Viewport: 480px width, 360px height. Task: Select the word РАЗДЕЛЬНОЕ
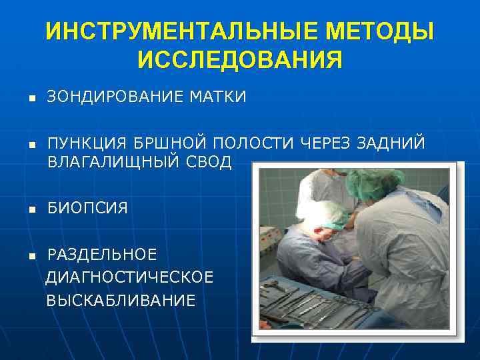tap(102, 255)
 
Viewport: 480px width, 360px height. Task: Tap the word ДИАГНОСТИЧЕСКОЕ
tap(130, 277)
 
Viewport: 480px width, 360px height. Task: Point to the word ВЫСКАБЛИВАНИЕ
tap(121, 301)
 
